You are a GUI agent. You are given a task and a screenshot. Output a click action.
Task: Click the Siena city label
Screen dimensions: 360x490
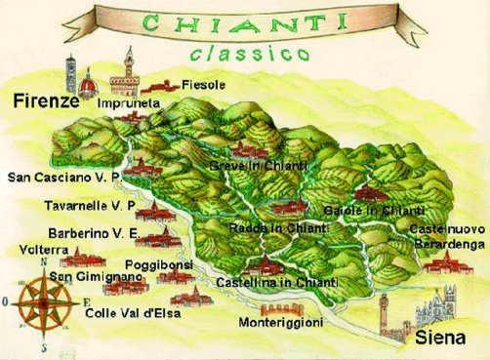445,339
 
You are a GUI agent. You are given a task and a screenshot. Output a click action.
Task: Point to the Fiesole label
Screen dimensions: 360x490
204,85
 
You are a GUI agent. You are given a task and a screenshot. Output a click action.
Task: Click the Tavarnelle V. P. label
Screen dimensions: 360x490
89,206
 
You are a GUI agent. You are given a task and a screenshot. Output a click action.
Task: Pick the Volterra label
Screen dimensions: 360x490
43,250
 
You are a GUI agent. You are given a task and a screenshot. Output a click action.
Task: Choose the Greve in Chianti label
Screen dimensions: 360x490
258,167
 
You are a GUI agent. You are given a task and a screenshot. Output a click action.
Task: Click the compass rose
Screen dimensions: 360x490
43,300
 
